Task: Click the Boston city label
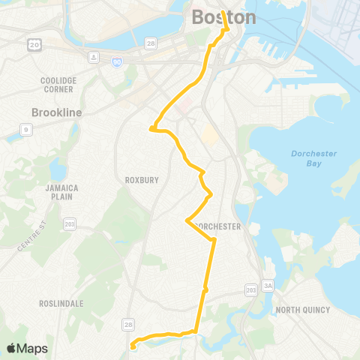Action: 223,17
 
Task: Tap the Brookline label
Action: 56,112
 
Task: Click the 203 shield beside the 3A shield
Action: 251,289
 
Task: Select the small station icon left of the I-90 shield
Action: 94,56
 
